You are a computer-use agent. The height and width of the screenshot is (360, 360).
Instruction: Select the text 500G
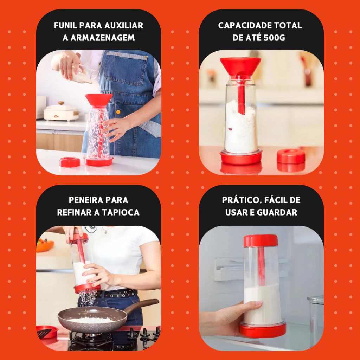tap(274, 37)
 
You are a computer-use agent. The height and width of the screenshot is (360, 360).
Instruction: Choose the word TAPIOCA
tap(121, 212)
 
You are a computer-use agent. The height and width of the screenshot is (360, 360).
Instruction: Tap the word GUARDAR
tap(277, 212)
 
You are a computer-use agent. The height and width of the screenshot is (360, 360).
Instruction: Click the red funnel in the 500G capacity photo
tap(240, 66)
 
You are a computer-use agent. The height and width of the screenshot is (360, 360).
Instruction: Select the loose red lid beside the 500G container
tap(291, 156)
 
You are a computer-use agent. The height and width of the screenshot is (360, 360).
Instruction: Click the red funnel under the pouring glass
tap(99, 99)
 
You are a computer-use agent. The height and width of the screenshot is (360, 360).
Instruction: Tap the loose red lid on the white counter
tap(70, 162)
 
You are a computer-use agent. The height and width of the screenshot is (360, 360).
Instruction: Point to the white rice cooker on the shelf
tap(61, 112)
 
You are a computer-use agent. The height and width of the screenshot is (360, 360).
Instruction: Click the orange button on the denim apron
tap(118, 112)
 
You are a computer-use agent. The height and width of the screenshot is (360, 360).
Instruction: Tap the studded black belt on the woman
tap(117, 294)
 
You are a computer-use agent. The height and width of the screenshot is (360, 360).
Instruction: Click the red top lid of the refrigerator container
tap(261, 240)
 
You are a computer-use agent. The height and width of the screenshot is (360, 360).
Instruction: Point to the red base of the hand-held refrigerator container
tap(263, 330)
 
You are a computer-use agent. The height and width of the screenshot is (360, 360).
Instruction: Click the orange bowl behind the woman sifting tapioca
tap(45, 246)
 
